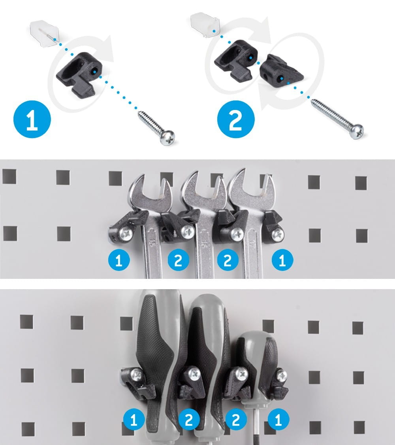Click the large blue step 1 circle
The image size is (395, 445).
click(32, 119)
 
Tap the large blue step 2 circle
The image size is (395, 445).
click(236, 119)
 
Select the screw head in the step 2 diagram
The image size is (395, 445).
click(356, 131)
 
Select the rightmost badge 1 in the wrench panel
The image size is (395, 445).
click(282, 260)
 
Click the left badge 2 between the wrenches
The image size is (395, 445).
click(178, 260)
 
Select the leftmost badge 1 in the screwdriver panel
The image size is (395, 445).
click(134, 419)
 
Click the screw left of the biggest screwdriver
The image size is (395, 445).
click(137, 375)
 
